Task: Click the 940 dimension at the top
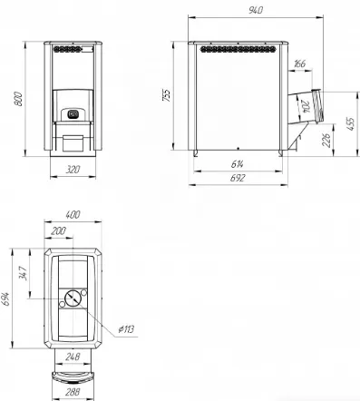coord(256,10)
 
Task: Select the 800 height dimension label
coord(18,99)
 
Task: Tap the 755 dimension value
coord(167,95)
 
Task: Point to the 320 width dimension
coord(73,170)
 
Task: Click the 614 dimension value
coord(238,164)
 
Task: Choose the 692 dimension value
coord(238,178)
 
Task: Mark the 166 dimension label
coord(299,64)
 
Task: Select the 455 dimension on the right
coord(350,123)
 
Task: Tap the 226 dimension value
coord(326,140)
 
